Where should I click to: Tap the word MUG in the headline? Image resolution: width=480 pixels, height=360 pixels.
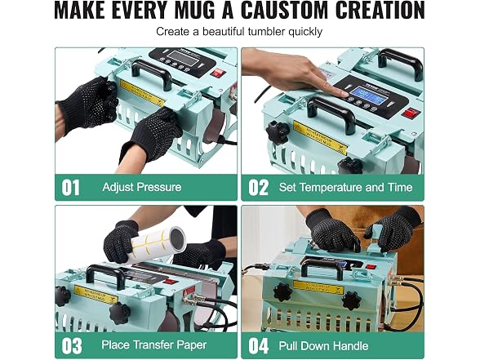(194, 11)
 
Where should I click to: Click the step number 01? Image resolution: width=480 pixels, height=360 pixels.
(71, 188)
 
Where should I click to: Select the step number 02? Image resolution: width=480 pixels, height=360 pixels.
(258, 188)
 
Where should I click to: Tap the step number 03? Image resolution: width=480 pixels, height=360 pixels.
(72, 345)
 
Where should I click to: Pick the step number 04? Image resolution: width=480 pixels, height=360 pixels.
(258, 345)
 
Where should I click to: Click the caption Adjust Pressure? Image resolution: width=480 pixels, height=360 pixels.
(142, 187)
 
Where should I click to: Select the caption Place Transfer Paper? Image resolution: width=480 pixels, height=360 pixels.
(154, 345)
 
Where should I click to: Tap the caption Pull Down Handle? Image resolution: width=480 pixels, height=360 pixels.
(323, 345)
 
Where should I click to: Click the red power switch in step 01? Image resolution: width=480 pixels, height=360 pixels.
(218, 73)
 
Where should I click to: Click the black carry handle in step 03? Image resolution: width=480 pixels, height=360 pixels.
(104, 274)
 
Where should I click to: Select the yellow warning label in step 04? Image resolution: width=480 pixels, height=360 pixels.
(318, 287)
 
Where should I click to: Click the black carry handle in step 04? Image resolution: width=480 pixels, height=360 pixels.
(322, 265)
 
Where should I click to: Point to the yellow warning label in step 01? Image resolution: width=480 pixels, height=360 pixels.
(141, 92)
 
